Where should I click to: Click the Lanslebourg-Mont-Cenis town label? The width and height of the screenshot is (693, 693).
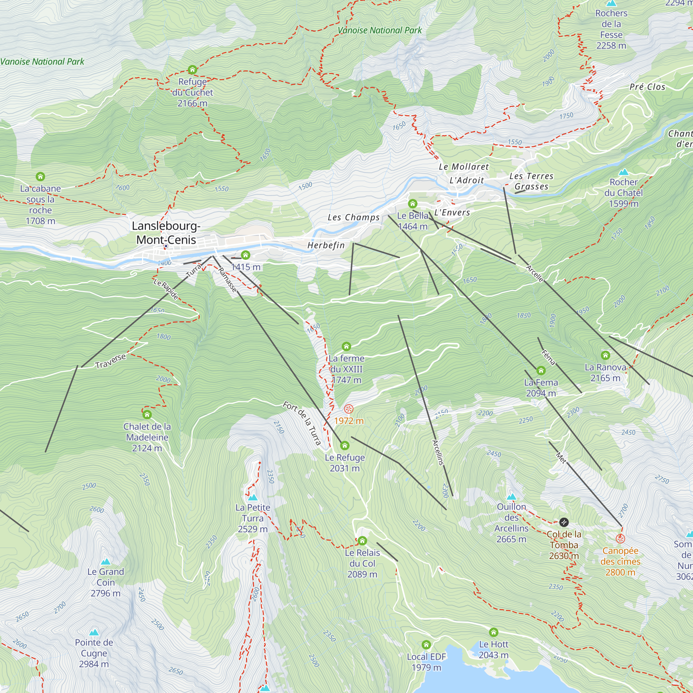point(166,233)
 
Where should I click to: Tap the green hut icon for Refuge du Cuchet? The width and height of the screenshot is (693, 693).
point(192,70)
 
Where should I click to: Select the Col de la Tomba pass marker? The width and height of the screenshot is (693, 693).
point(564,522)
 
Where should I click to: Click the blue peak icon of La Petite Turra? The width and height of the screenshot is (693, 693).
point(253,498)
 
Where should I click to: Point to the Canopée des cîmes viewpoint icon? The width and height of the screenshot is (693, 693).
point(621,539)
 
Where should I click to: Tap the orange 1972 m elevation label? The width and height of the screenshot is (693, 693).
point(349,421)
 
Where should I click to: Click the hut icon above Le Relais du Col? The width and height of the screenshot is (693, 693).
point(362,541)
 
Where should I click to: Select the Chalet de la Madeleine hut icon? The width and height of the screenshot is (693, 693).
point(147,415)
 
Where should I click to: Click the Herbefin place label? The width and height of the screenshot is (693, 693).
point(326,245)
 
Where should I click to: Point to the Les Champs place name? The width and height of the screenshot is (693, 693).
point(354,217)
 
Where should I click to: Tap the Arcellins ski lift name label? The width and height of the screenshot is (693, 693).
point(438,453)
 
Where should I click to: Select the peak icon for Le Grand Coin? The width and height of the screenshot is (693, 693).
point(106,561)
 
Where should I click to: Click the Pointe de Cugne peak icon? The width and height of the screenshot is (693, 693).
point(94,632)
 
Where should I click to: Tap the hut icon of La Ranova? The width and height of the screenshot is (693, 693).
point(605,355)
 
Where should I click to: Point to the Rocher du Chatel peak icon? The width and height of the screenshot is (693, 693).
point(624,172)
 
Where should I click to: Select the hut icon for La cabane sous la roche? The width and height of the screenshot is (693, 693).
point(40,176)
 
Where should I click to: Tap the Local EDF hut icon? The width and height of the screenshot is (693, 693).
point(426,645)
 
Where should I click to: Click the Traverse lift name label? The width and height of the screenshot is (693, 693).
point(111,361)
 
